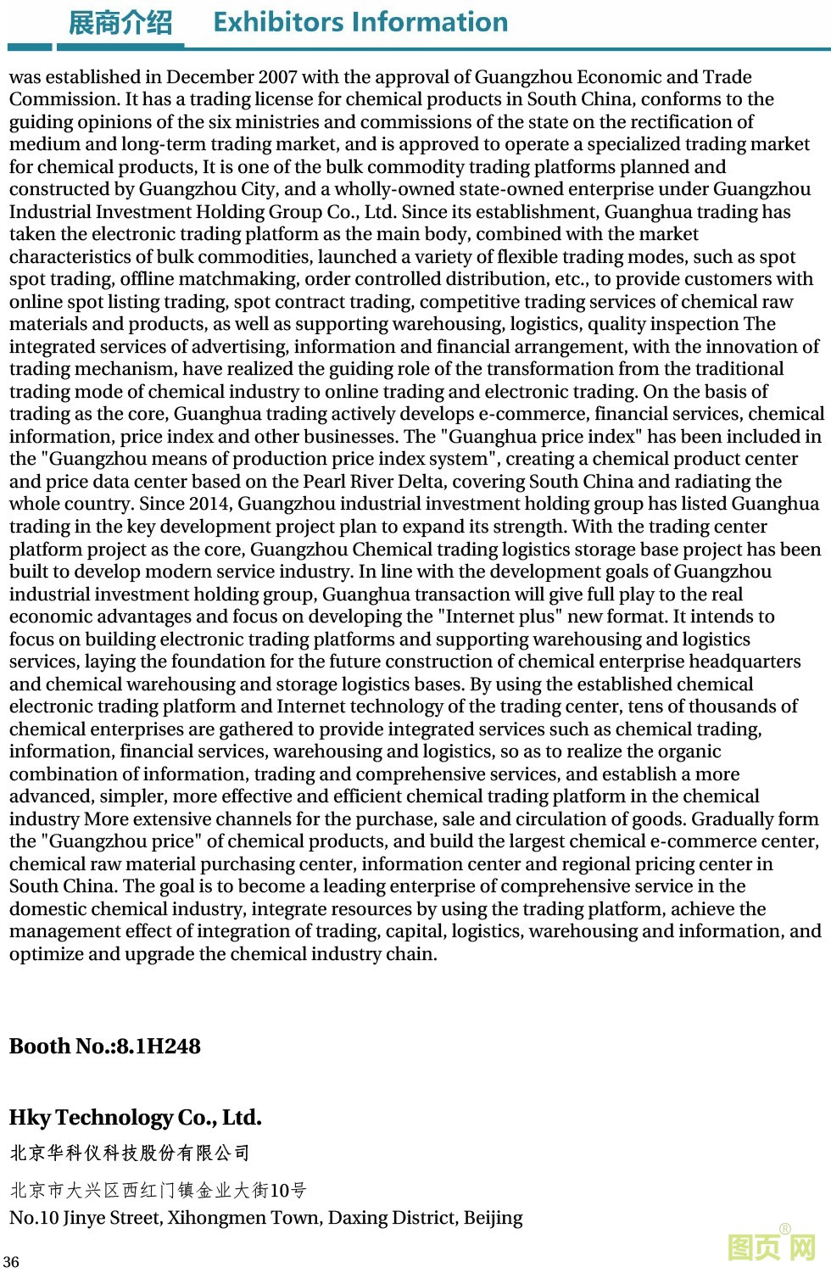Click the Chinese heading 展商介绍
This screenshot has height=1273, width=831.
pos(120,22)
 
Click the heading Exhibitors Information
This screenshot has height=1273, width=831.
pos(360,22)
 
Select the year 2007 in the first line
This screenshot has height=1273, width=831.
pos(277,77)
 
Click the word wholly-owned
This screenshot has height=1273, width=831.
pos(388,189)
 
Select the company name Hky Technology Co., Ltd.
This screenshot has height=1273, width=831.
pos(136,1118)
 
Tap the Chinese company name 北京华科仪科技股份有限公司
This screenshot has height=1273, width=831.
pos(130,1153)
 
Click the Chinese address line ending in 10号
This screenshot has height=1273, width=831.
pos(158,1191)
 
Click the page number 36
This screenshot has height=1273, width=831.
pos(11,1262)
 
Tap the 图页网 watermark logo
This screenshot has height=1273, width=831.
pos(772,1247)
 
